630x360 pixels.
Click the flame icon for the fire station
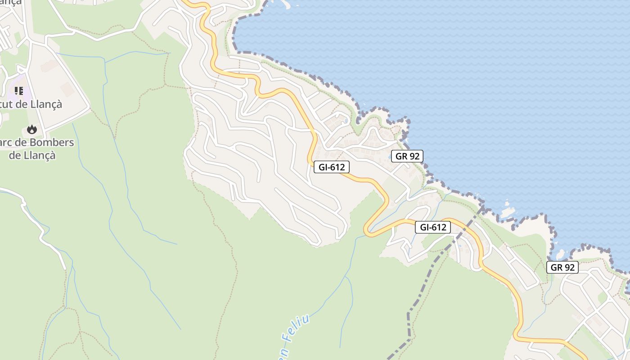point(31,130)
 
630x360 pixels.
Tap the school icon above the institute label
point(19,91)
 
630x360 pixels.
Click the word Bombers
point(50,143)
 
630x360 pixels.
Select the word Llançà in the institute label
point(47,104)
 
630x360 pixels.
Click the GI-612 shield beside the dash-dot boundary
point(433,227)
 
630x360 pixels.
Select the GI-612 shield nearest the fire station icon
point(332,167)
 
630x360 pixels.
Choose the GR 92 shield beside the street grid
point(562,267)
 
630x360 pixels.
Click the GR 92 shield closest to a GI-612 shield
point(407,156)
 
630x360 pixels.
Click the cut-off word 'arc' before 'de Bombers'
point(7,143)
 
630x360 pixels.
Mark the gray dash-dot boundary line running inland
point(423,288)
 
